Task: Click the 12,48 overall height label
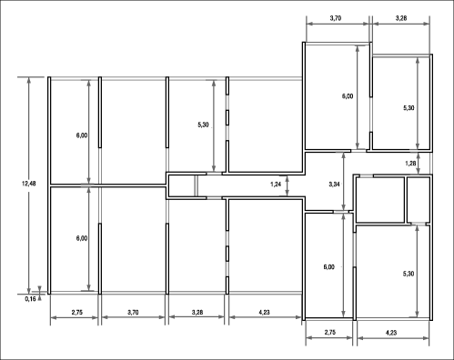pyautogui.click(x=29, y=184)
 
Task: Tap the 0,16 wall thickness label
pyautogui.click(x=30, y=299)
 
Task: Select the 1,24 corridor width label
pyautogui.click(x=276, y=184)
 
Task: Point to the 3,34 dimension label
pyautogui.click(x=334, y=184)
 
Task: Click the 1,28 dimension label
pyautogui.click(x=410, y=164)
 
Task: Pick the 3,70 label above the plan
pyautogui.click(x=336, y=18)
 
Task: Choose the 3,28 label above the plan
pyautogui.click(x=401, y=18)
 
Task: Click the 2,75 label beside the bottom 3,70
pyautogui.click(x=77, y=312)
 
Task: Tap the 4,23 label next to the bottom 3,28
pyautogui.click(x=265, y=312)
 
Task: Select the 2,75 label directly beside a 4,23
pyautogui.click(x=330, y=332)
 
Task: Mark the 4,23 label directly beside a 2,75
pyautogui.click(x=391, y=333)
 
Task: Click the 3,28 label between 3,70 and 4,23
pyautogui.click(x=197, y=312)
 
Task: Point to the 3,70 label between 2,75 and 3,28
pyautogui.click(x=133, y=312)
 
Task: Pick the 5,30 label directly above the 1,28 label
pyautogui.click(x=409, y=108)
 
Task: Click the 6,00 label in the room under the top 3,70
pyautogui.click(x=348, y=96)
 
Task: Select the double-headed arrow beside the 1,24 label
pyautogui.click(x=288, y=185)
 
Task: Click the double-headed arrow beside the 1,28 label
pyautogui.click(x=419, y=164)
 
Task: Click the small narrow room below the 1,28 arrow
pyautogui.click(x=419, y=200)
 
